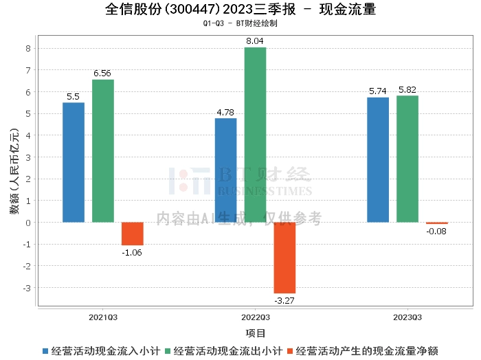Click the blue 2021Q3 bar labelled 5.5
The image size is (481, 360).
click(x=74, y=162)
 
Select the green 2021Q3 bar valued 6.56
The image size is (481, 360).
click(x=103, y=151)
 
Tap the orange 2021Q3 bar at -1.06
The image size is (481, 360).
click(x=133, y=234)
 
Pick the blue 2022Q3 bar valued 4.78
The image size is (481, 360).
click(x=226, y=170)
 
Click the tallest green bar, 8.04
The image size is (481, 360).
click(x=255, y=135)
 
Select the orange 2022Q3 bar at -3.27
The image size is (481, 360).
click(x=284, y=258)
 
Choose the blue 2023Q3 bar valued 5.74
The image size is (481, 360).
click(x=378, y=160)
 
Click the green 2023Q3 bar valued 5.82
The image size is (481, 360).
click(x=407, y=159)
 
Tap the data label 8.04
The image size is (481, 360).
click(x=255, y=41)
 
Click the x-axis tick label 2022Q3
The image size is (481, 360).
click(x=255, y=317)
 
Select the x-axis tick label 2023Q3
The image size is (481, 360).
click(x=407, y=317)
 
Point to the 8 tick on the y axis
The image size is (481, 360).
click(x=28, y=48)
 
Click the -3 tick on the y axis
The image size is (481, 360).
click(x=26, y=288)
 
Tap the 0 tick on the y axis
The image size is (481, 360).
click(x=28, y=223)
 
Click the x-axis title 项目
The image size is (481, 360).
click(x=255, y=333)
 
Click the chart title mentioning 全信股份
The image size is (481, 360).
click(x=240, y=10)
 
